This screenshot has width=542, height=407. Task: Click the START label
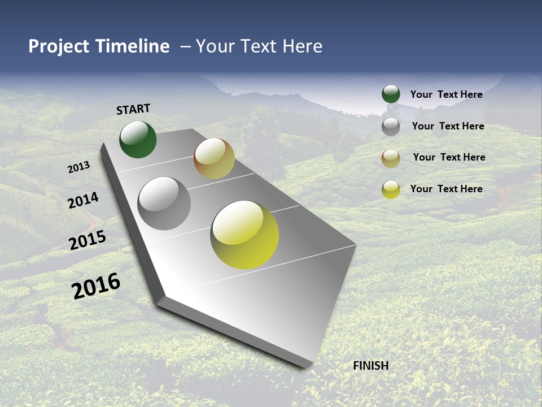(133, 109)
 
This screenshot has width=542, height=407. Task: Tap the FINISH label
(370, 366)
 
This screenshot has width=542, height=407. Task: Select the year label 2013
(78, 167)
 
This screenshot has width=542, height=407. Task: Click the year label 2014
(83, 200)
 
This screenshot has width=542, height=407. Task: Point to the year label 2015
(87, 240)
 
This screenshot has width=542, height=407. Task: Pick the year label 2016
(96, 286)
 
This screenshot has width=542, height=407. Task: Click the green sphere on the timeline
(138, 140)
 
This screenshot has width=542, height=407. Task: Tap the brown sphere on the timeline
(214, 158)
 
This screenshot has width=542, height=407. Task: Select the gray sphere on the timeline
(164, 203)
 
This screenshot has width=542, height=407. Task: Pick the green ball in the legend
(391, 94)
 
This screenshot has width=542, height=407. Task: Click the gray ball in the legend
(391, 127)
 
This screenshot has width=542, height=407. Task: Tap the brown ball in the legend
(391, 158)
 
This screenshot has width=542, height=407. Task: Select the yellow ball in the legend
(391, 189)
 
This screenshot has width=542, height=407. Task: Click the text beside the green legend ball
(446, 94)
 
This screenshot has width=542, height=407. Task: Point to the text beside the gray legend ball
(448, 126)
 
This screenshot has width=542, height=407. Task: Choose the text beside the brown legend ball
(449, 157)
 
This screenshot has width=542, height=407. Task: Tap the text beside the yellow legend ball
(446, 189)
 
